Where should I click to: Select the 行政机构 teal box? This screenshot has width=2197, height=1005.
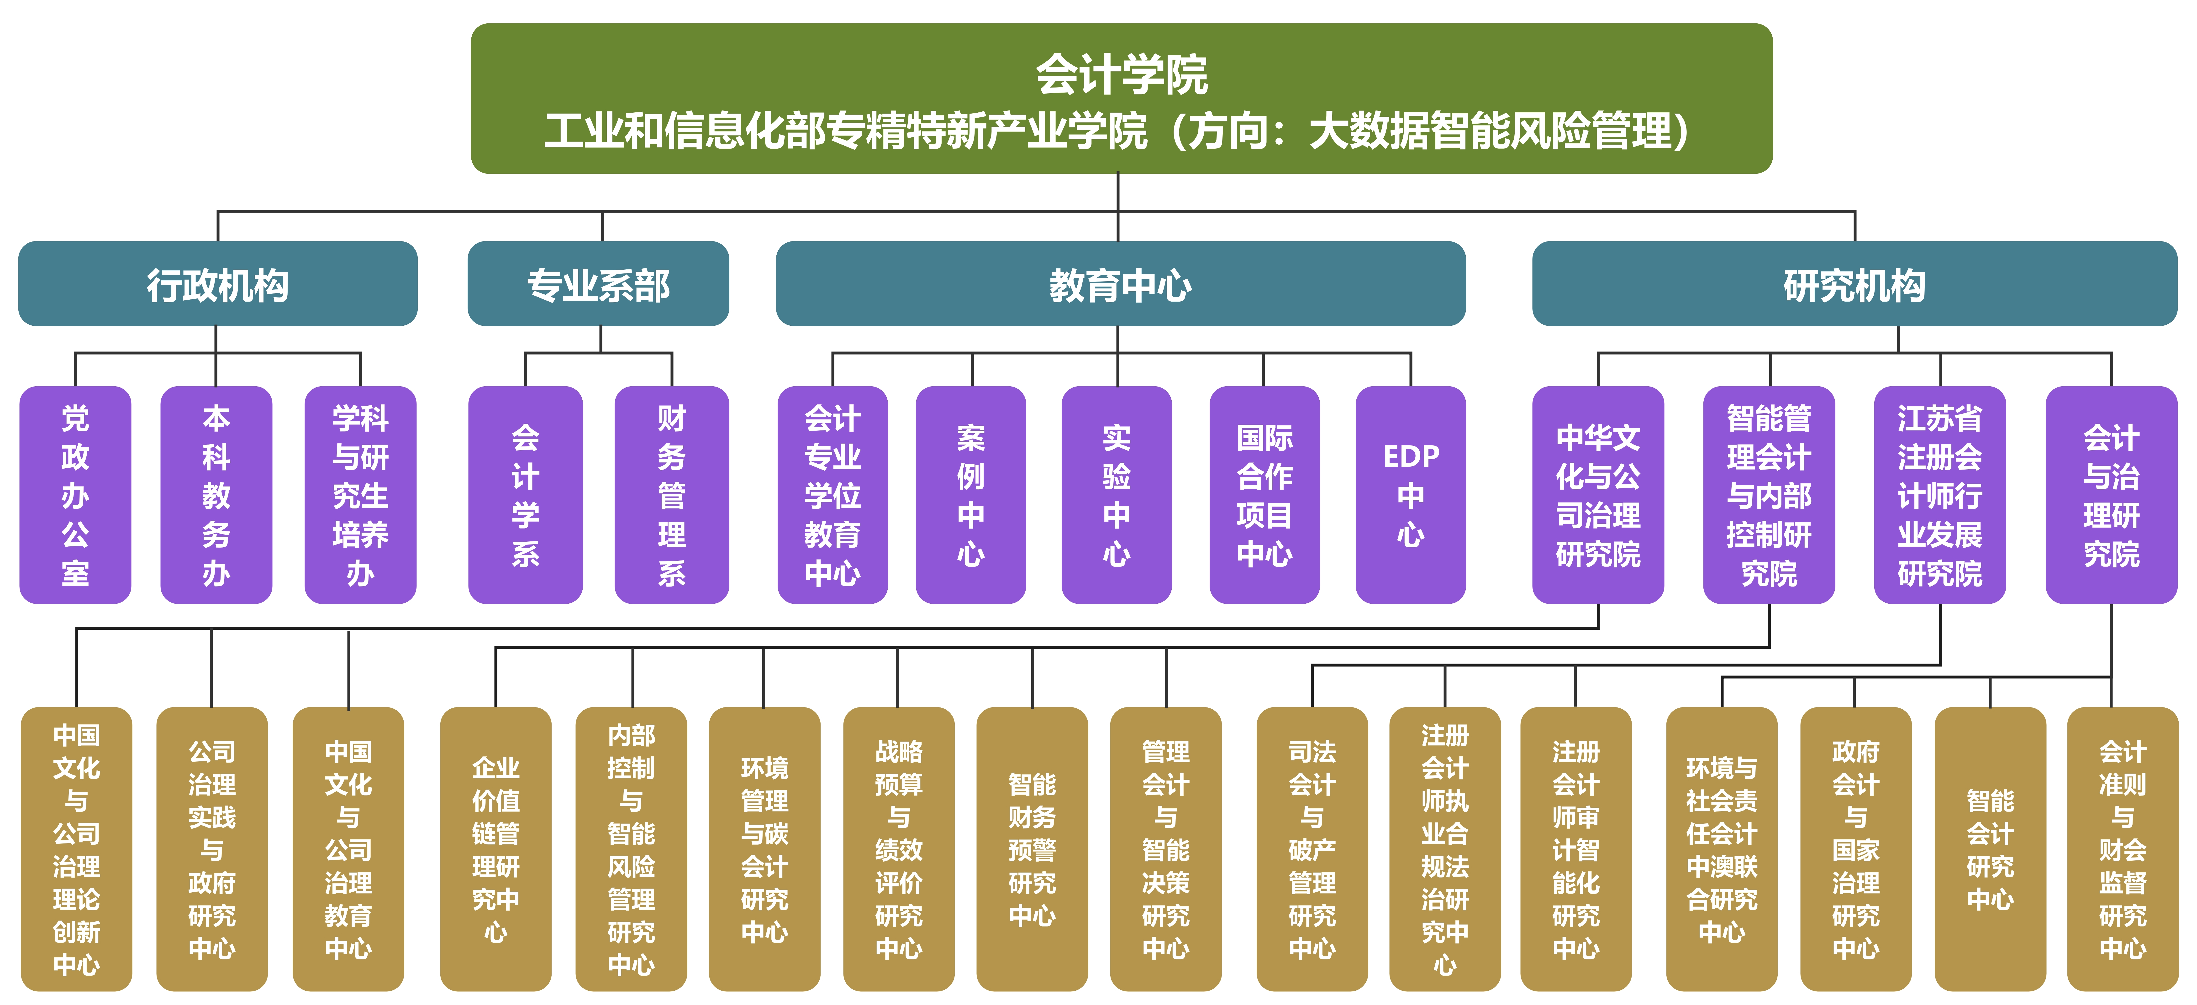217,284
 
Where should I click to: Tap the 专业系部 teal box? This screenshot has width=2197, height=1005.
598,284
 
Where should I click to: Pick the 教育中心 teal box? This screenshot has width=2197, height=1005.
1120,284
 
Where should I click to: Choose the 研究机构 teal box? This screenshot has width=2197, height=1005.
1854,284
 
